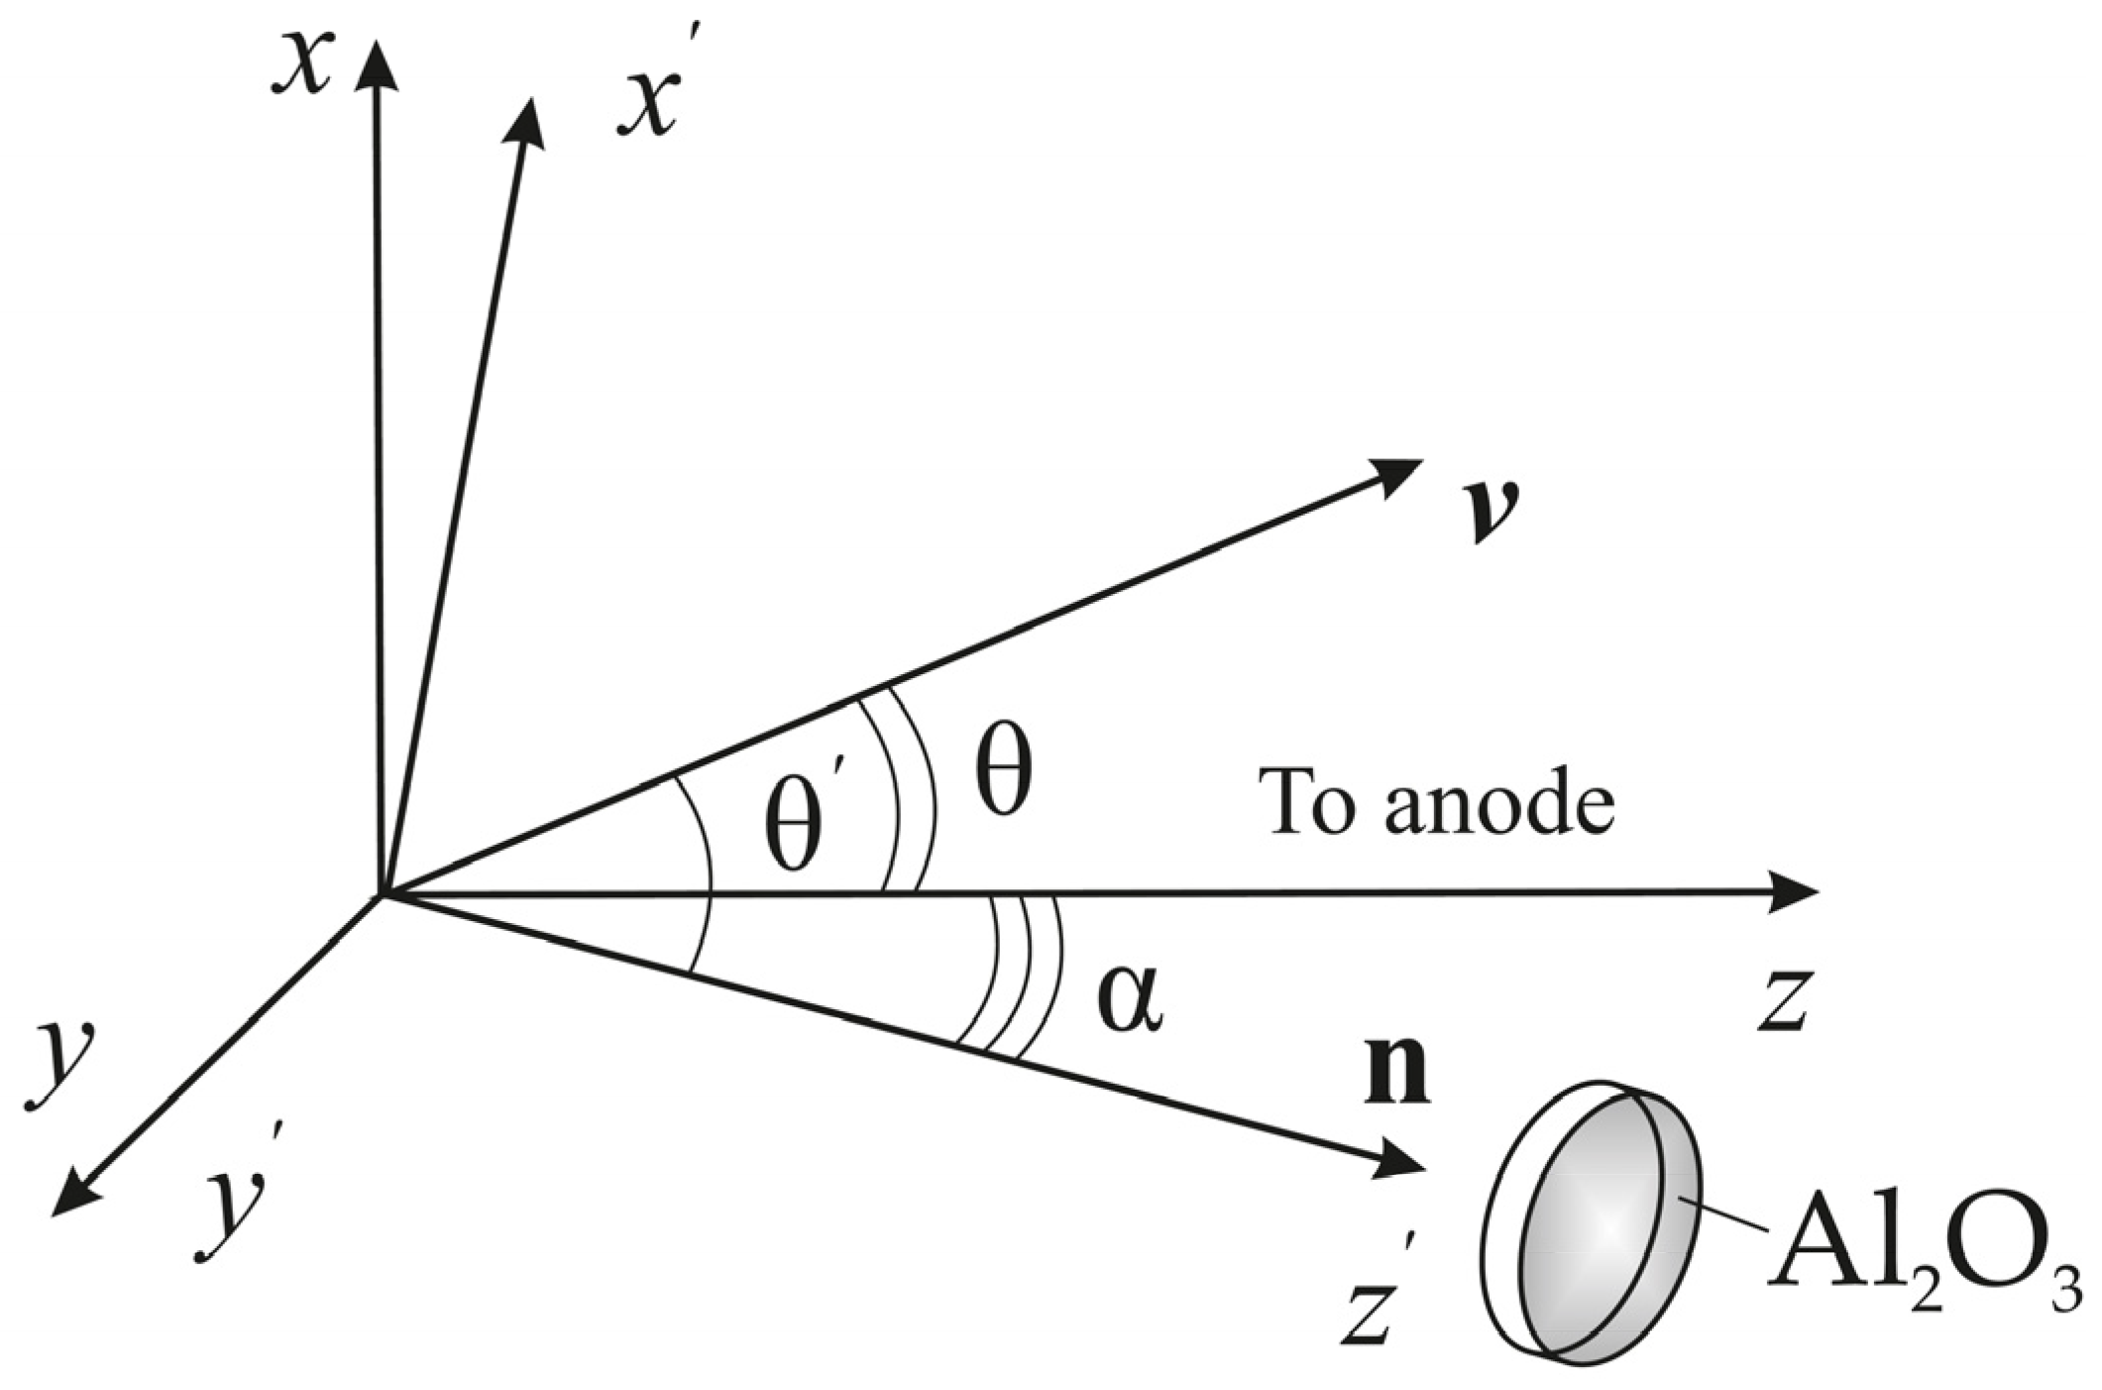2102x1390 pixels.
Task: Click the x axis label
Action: point(301,64)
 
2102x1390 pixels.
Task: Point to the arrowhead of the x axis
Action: point(376,65)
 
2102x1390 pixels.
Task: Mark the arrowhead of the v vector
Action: point(1398,473)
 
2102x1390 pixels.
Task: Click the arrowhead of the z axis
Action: point(1795,891)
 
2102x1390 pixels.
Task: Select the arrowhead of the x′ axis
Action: point(527,121)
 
